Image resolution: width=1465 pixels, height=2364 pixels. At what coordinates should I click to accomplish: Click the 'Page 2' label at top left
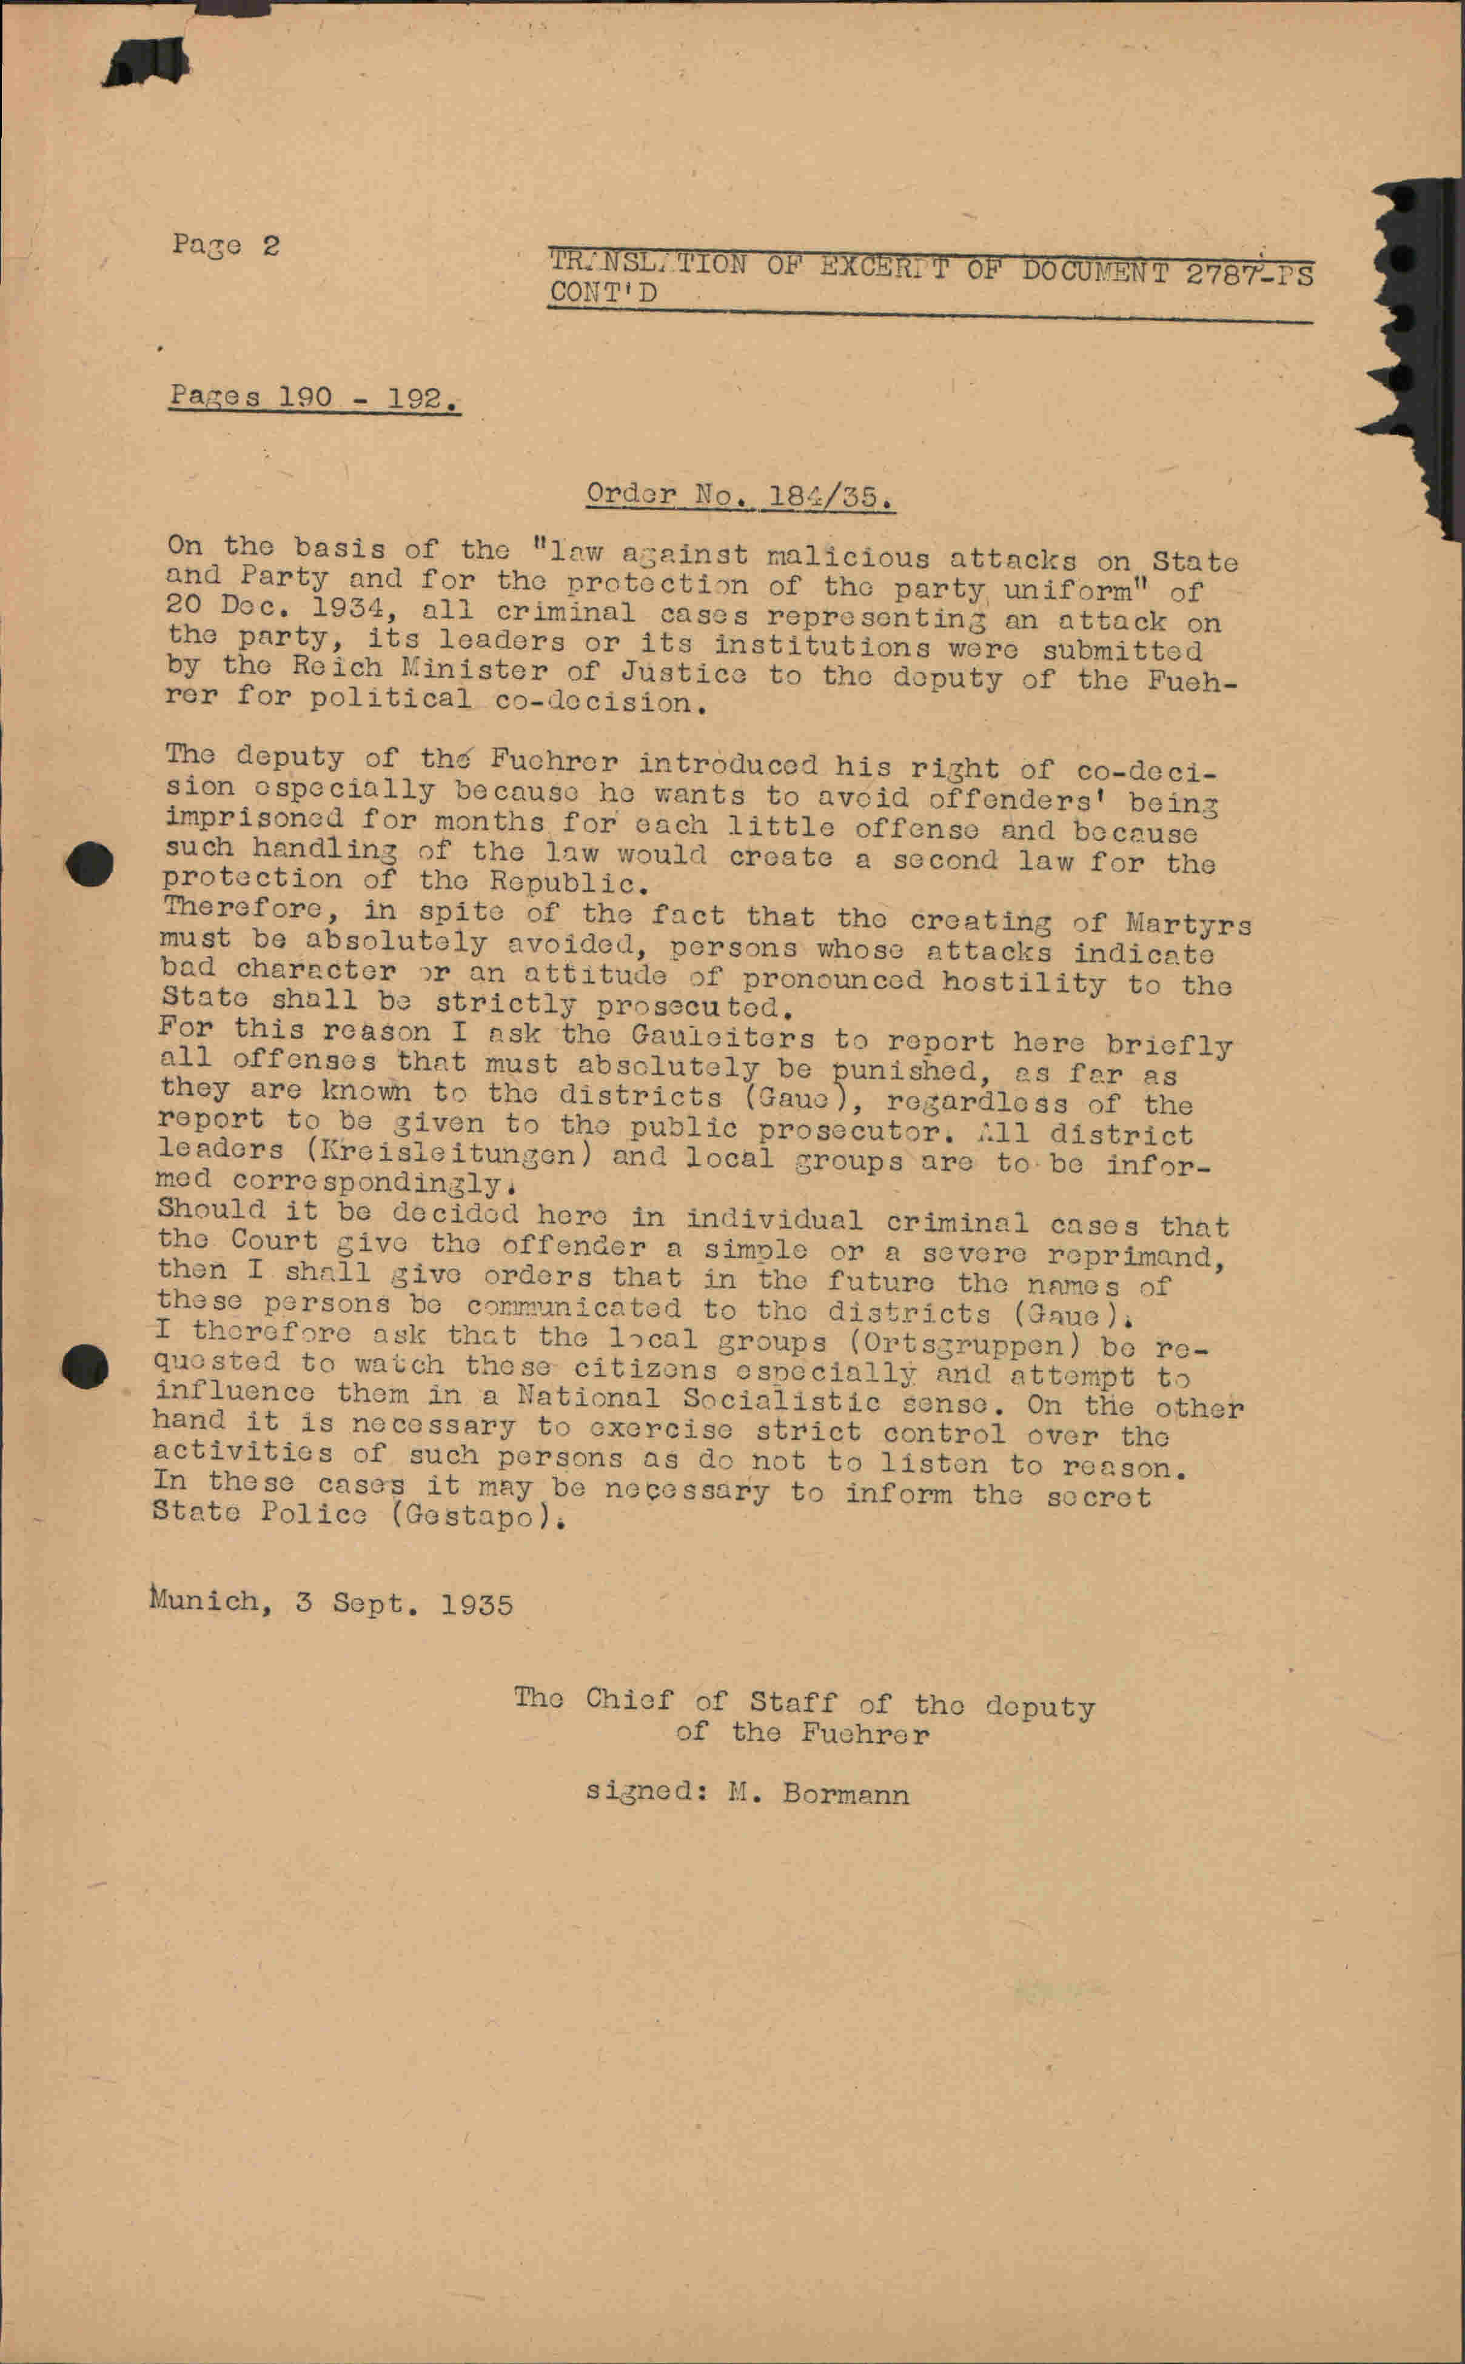225,245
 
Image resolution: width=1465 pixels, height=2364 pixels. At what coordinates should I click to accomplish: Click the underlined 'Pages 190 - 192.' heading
314,397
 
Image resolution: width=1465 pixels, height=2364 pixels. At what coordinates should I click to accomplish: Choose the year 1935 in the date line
476,1604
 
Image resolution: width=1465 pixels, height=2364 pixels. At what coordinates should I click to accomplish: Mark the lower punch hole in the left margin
85,1366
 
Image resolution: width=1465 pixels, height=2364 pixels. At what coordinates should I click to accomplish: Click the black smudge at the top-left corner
147,64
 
